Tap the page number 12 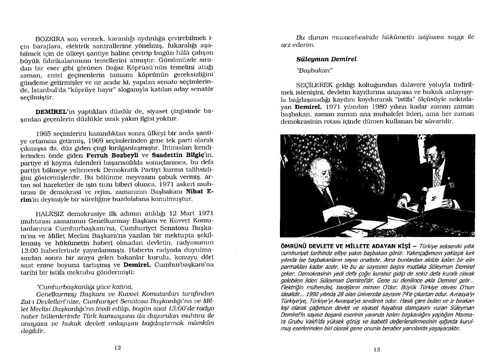click(x=117, y=348)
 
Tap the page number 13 click(x=377, y=350)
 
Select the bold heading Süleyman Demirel click(x=320, y=60)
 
